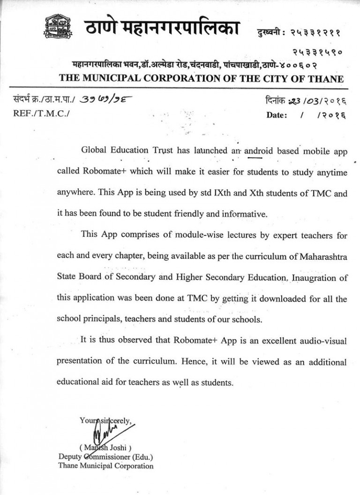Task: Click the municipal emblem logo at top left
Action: click(x=58, y=27)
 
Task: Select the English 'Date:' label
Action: click(x=277, y=115)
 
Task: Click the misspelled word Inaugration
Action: click(x=314, y=277)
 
